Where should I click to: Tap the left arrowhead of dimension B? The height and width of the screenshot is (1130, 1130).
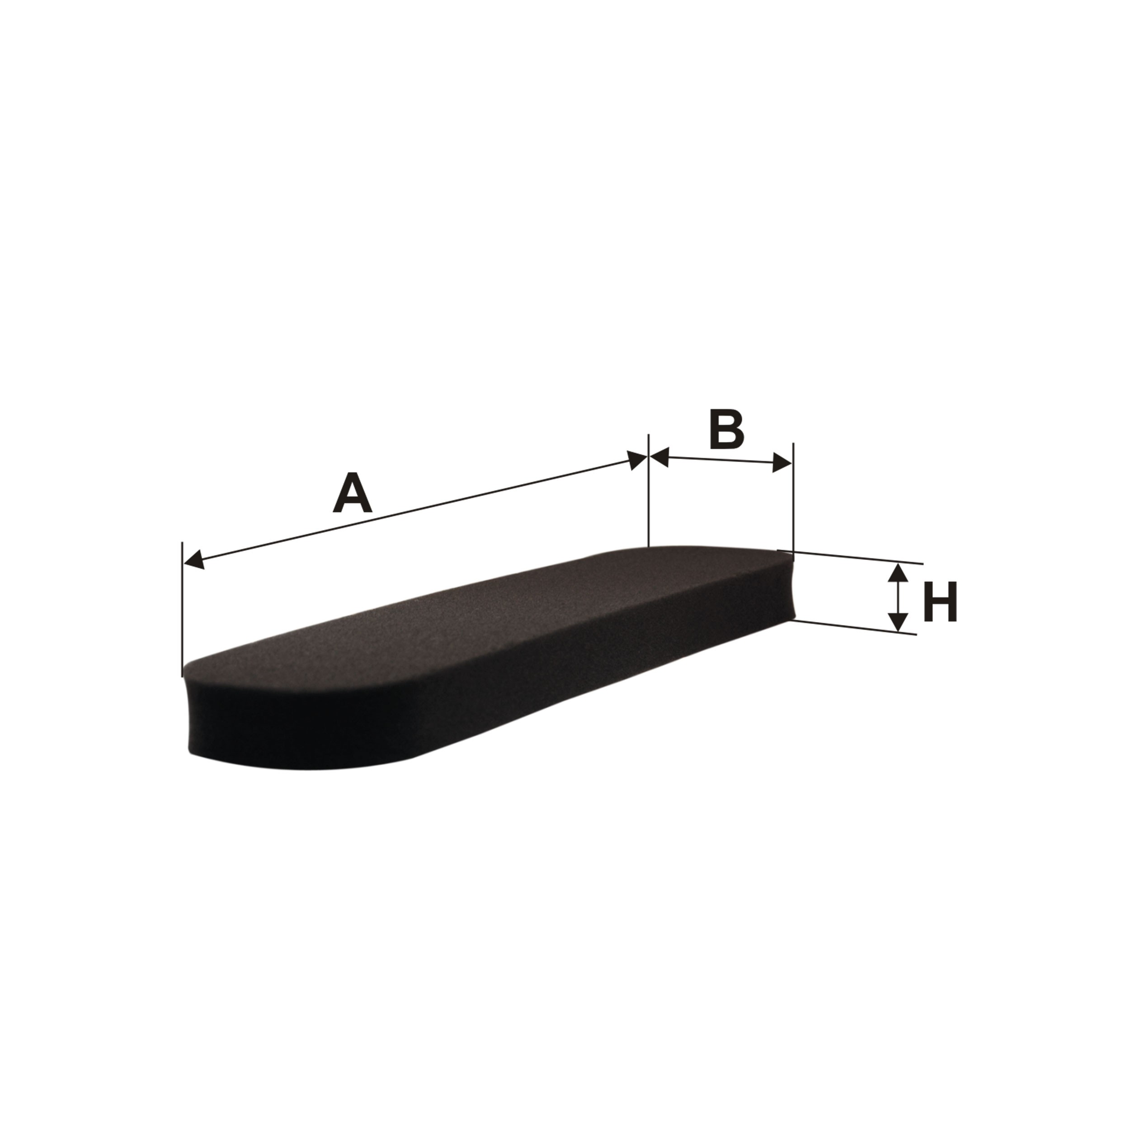(x=659, y=457)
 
